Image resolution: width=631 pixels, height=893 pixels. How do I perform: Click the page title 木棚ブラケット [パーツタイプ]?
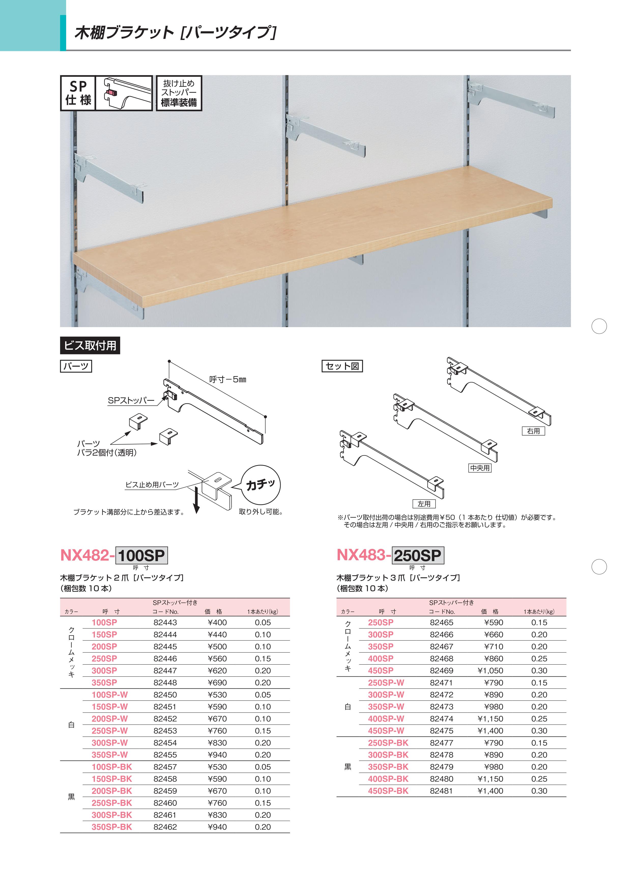(175, 33)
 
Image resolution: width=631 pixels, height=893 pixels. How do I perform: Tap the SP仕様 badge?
(78, 93)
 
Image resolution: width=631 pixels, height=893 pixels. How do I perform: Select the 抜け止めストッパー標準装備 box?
(179, 93)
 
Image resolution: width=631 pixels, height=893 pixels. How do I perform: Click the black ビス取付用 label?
(90, 345)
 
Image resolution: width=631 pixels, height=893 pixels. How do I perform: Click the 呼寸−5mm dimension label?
(227, 379)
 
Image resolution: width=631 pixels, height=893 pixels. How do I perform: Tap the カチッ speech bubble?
(261, 485)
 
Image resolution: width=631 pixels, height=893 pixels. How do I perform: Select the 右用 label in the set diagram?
(533, 431)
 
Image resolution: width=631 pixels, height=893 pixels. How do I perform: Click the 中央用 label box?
(480, 468)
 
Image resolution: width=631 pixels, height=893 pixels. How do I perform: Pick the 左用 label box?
(424, 504)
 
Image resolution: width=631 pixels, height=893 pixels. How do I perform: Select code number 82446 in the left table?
(165, 659)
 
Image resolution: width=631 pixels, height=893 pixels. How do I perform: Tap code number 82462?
(165, 827)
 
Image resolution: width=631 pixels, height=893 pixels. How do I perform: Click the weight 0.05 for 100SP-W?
(263, 695)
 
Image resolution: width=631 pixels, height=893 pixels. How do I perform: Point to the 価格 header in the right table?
(490, 611)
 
